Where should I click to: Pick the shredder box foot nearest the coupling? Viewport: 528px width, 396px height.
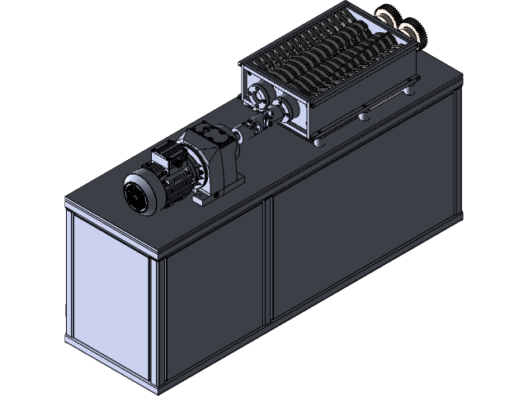318,140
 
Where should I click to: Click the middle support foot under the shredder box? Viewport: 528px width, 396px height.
361,118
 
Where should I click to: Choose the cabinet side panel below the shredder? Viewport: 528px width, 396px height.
363,239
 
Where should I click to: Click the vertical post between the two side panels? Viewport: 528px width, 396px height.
267,260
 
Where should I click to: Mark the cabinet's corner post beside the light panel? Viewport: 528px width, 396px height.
154,326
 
